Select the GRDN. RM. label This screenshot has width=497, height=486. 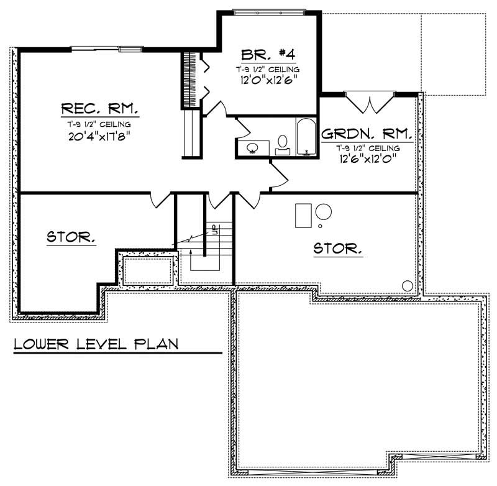[367, 134]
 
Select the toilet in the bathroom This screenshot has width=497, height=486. [283, 143]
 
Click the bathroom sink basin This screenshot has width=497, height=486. [253, 148]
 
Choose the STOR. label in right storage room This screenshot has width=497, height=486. [337, 249]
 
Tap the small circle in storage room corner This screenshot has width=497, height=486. [408, 285]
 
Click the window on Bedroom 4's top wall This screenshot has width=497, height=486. [269, 11]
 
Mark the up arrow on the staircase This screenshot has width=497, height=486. [191, 251]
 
